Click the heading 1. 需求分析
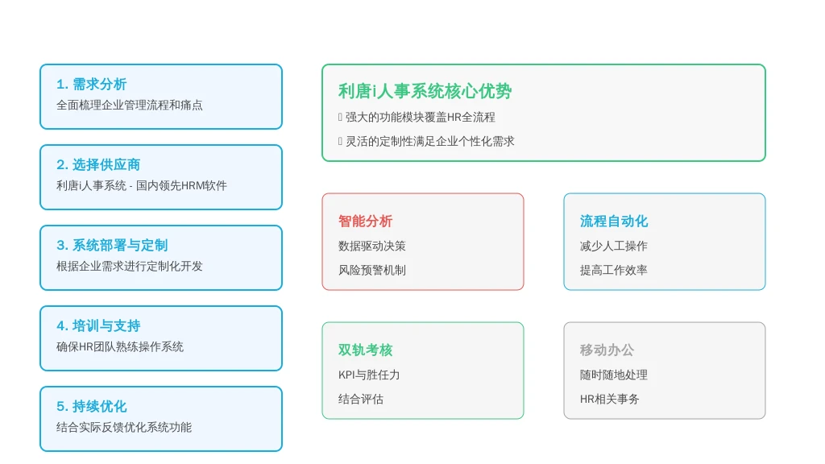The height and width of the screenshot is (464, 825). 92,84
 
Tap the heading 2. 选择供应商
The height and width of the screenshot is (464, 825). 98,164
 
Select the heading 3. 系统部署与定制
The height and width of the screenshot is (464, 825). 112,245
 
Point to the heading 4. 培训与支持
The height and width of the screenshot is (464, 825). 98,325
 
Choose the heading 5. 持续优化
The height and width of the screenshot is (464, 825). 92,406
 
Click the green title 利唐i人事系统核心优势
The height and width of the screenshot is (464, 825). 425,91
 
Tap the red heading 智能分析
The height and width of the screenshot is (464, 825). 366,221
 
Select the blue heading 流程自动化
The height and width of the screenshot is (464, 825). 614,221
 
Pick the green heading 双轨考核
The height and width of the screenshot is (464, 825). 366,350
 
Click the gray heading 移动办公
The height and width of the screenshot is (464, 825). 607,350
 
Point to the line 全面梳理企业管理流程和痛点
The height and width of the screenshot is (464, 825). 130,106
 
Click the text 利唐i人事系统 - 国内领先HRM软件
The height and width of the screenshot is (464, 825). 142,186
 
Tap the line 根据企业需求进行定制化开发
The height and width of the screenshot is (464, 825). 130,266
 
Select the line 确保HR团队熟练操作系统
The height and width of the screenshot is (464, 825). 120,346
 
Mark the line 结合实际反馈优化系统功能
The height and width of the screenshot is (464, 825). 124,427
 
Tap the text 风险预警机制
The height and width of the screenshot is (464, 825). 372,271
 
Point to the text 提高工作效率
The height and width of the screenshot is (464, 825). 613,271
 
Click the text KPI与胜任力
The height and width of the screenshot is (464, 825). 369,375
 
